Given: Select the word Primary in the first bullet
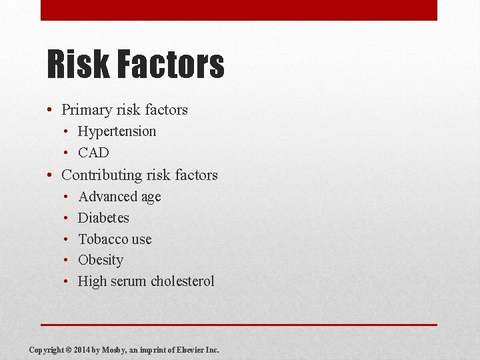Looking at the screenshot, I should [86, 110].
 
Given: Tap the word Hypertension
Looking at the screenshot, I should [117, 131].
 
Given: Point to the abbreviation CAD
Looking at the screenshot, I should [93, 153].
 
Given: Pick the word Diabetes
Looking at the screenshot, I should [103, 218].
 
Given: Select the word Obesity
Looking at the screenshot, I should [101, 260].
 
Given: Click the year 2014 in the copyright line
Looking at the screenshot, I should [83, 349].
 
